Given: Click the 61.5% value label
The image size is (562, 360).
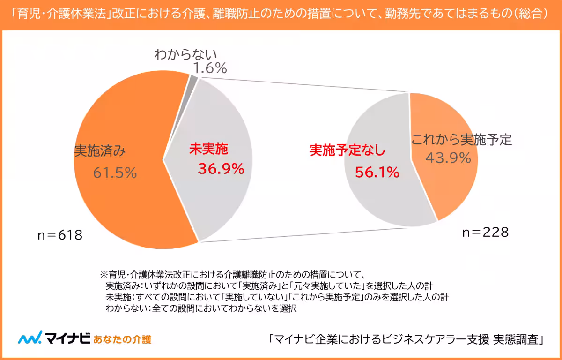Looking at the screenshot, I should pos(115,173).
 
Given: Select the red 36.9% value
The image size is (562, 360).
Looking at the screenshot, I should pos(221,168).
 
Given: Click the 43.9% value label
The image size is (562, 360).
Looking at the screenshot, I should pos(448,158).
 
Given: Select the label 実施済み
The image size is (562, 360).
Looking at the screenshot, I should pos(99,151).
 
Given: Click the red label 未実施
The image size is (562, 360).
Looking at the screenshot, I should pos(208,149).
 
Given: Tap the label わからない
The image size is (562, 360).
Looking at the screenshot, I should pos(186,54).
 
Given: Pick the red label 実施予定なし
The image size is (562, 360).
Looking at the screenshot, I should pos(347,150).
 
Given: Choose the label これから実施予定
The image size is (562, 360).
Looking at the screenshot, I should pos(461,139).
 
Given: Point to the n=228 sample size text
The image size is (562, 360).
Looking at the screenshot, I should pos(486,232).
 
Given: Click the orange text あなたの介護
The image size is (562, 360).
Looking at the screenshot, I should pos(122,339).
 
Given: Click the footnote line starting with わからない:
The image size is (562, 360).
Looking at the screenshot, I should pos(201,308).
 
